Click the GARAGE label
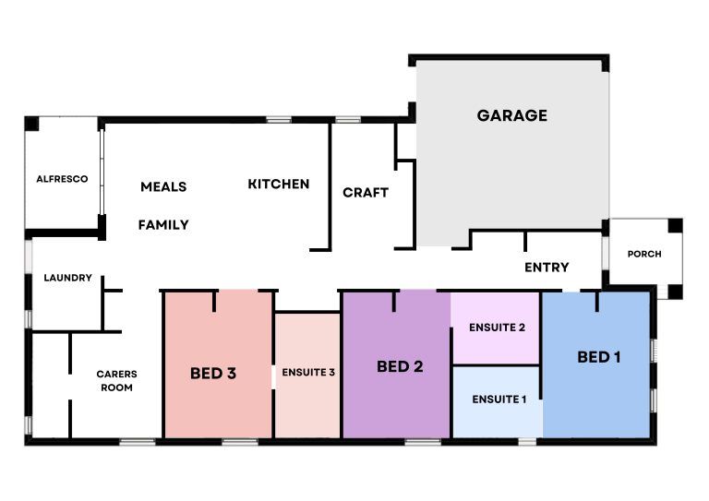click(511, 115)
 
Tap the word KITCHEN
click(279, 184)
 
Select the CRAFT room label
click(366, 193)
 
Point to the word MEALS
click(163, 186)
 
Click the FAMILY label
click(163, 224)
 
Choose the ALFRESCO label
click(62, 179)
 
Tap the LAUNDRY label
click(67, 278)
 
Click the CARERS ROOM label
click(116, 380)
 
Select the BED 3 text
click(213, 373)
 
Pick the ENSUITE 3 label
click(308, 372)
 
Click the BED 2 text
click(400, 366)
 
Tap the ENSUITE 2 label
click(497, 327)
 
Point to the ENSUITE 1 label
click(499, 400)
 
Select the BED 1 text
click(598, 357)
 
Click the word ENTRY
click(547, 267)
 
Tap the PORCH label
click(644, 254)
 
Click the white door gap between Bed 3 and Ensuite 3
click(273, 376)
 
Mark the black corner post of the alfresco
click(31, 124)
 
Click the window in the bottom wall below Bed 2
click(423, 442)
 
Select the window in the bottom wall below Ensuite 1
click(527, 442)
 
